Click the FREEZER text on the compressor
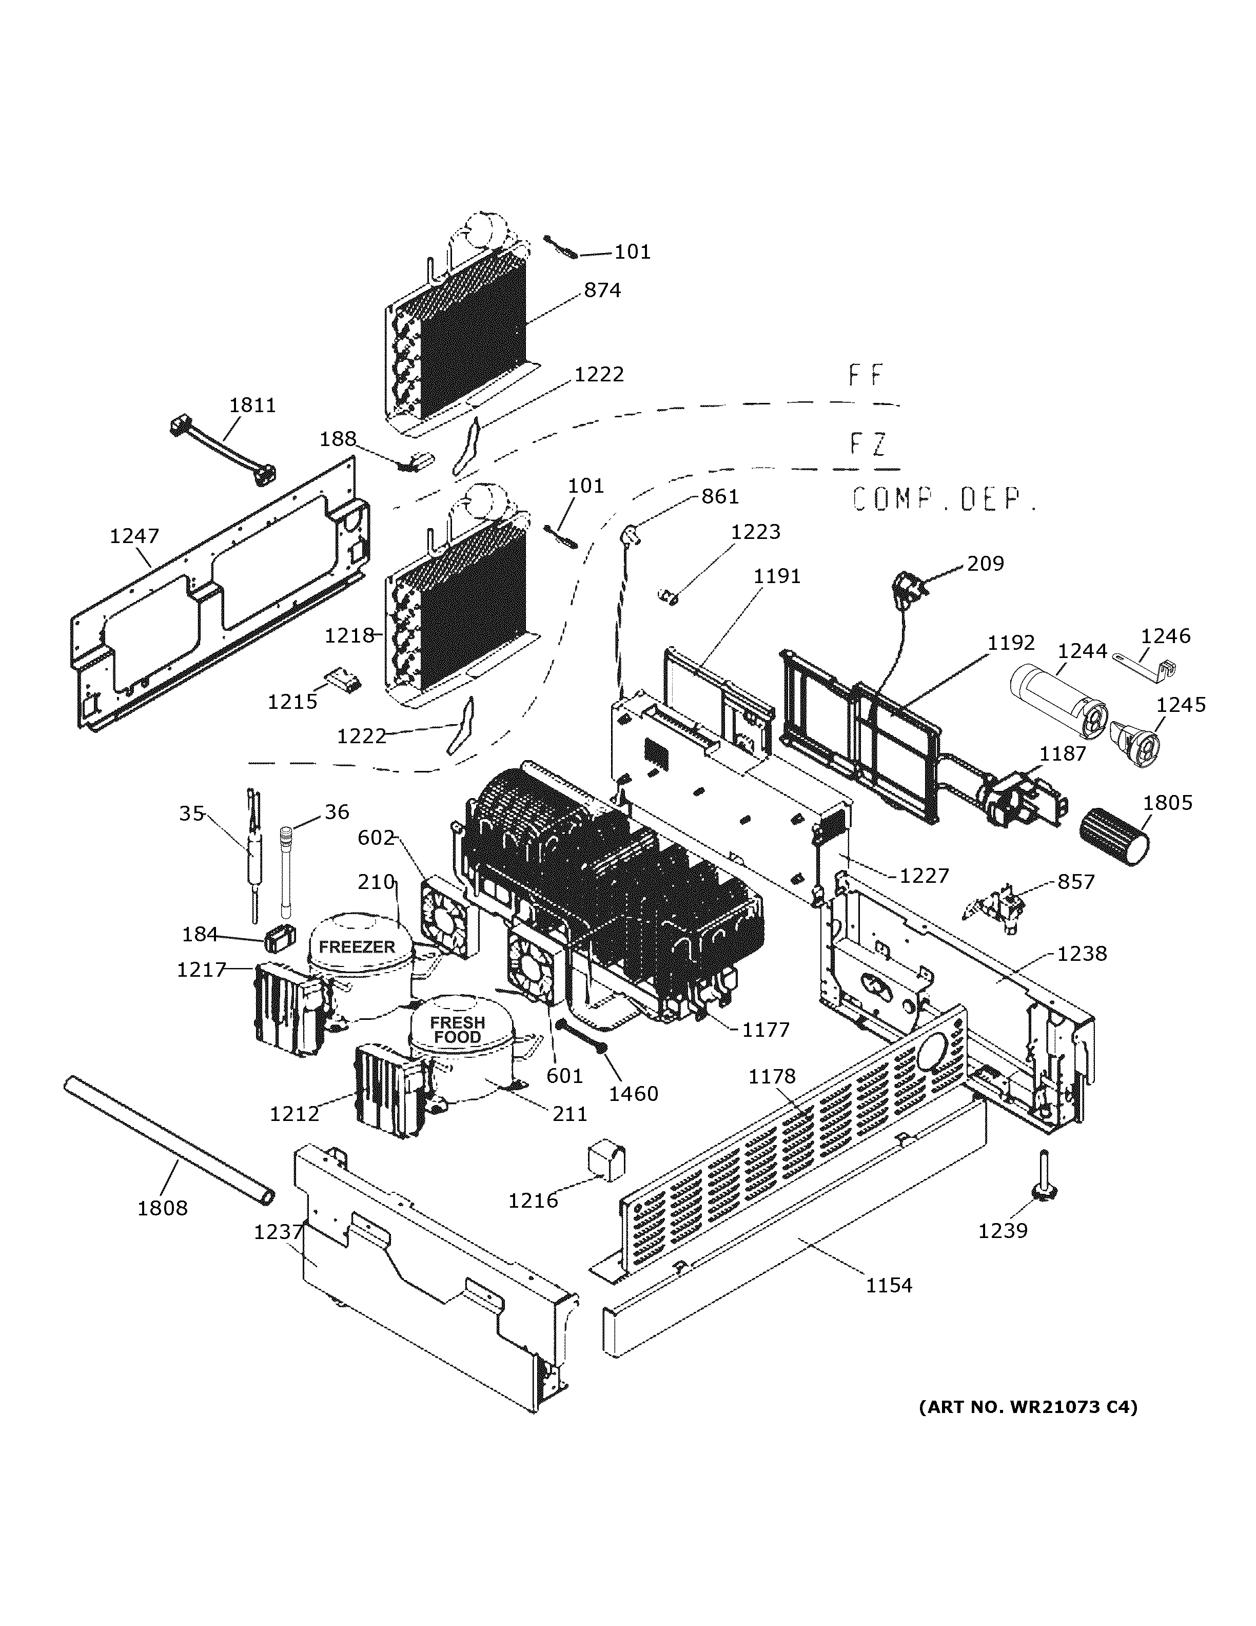point(357,947)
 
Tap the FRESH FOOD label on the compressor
point(457,1030)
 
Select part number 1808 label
point(162,1208)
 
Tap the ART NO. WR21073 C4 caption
point(1028,1406)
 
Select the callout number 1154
point(889,1285)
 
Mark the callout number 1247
point(134,535)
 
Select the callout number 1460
point(633,1094)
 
